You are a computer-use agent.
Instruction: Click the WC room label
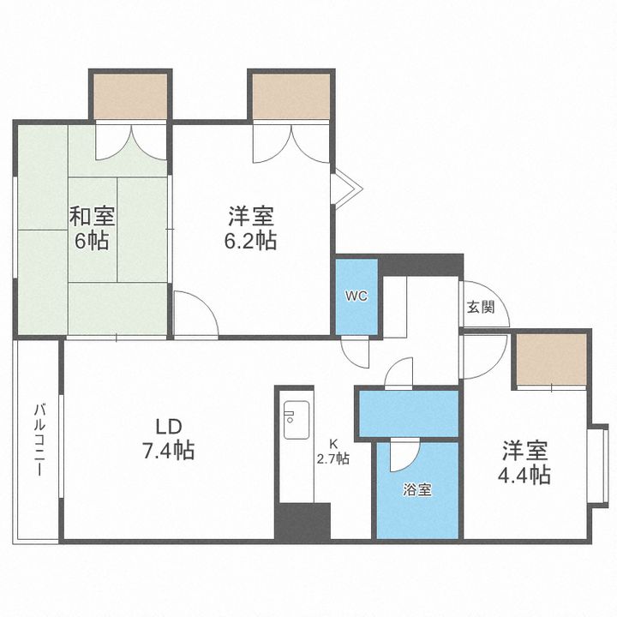point(356,297)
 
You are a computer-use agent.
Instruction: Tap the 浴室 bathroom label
point(417,491)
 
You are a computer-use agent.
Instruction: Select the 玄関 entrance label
point(480,308)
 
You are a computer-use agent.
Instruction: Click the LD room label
point(168,426)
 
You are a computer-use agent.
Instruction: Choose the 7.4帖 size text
point(168,450)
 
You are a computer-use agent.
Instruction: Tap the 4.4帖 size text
point(525,476)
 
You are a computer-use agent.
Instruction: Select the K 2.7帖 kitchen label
point(333,451)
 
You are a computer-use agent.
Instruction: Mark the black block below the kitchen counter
point(302,521)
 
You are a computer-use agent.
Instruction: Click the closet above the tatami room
point(130,97)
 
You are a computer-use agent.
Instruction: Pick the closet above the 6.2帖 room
point(291,97)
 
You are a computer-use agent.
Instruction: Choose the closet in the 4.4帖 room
point(551,359)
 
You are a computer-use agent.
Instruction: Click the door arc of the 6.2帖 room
point(194,312)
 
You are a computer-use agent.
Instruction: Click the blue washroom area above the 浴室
point(408,412)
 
